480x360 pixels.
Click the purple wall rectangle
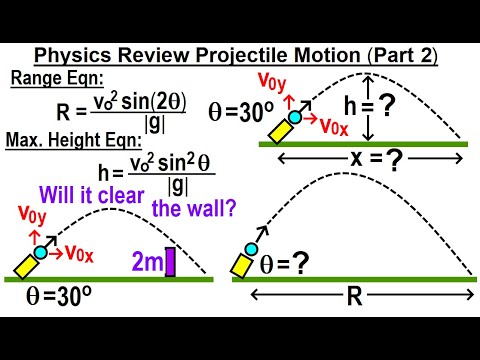pos(170,261)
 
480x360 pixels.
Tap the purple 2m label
pos(144,262)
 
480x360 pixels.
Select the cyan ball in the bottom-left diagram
pos(41,252)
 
